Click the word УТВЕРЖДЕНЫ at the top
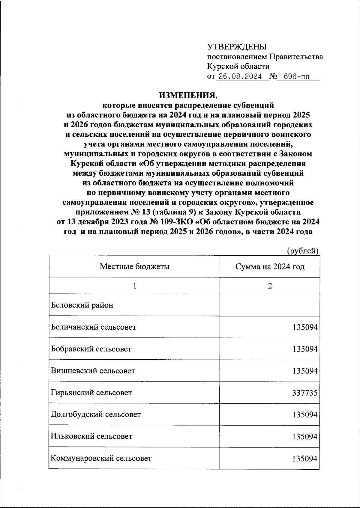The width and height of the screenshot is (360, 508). (x=237, y=47)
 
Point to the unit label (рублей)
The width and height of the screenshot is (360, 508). (x=303, y=251)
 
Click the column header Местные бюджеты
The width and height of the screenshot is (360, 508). (x=135, y=266)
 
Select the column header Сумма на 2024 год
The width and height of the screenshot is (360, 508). (x=270, y=266)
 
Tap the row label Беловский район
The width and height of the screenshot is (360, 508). (x=82, y=305)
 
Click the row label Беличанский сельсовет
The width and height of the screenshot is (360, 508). (x=94, y=327)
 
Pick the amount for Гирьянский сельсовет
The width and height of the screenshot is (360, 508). (x=305, y=393)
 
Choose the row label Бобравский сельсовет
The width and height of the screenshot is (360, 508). (x=91, y=349)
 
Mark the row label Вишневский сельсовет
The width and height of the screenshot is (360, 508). (x=93, y=371)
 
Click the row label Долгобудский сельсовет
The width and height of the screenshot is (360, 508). (x=96, y=414)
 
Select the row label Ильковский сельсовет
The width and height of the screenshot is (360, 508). (x=91, y=436)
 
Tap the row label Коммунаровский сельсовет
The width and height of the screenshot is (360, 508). (x=101, y=458)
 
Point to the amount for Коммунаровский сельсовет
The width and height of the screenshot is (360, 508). (x=305, y=458)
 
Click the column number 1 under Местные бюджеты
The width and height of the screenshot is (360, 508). (x=135, y=286)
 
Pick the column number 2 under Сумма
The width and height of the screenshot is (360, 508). (x=270, y=286)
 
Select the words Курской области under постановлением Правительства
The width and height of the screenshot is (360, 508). (x=238, y=66)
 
